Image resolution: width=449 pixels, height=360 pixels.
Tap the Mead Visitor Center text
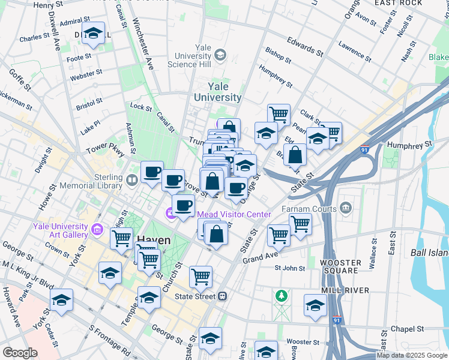pyautogui.click(x=234, y=214)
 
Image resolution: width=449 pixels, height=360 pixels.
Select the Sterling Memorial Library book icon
pyautogui.click(x=132, y=179)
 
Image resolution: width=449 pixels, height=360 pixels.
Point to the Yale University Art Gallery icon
pyautogui.click(x=96, y=229)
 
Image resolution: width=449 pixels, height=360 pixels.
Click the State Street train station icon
pyautogui.click(x=222, y=296)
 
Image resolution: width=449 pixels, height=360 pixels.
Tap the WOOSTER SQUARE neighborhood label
pyautogui.click(x=341, y=267)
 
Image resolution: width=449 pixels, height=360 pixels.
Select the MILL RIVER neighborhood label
pyautogui.click(x=344, y=290)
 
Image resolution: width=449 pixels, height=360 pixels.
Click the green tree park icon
pyautogui.click(x=281, y=296)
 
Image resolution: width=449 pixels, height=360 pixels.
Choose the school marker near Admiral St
pyautogui.click(x=93, y=35)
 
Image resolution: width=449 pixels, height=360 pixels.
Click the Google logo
pyautogui.click(x=20, y=353)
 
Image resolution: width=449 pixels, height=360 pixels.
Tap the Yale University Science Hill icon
pyautogui.click(x=221, y=55)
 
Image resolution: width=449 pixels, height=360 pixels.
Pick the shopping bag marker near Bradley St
pyautogui.click(x=295, y=155)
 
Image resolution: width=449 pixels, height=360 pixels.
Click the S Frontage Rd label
pyautogui.click(x=110, y=340)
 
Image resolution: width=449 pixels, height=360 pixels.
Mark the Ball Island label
pyautogui.click(x=430, y=253)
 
